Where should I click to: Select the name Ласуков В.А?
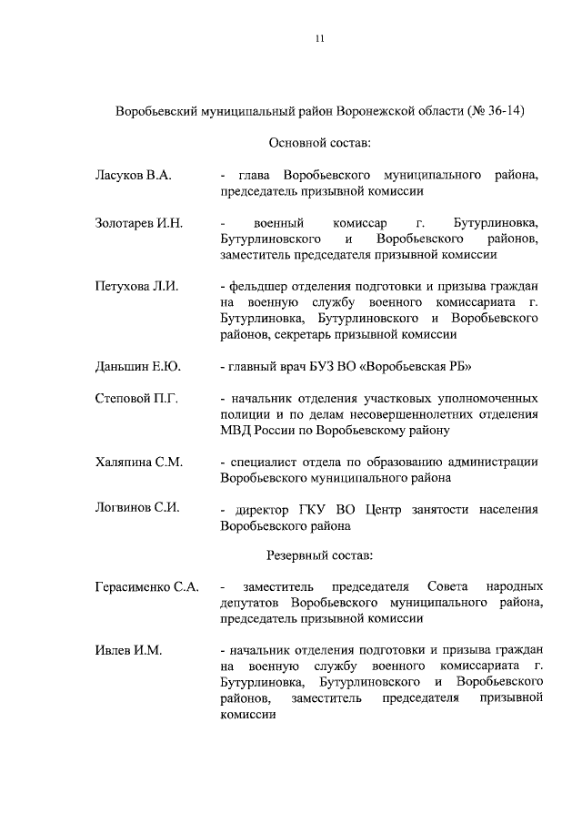tap(133, 174)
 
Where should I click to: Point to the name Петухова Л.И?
tap(136, 287)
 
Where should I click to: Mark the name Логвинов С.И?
tap(135, 508)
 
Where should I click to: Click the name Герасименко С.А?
tap(147, 587)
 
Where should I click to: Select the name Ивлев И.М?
tap(128, 651)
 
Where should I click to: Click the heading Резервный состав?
tap(319, 554)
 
